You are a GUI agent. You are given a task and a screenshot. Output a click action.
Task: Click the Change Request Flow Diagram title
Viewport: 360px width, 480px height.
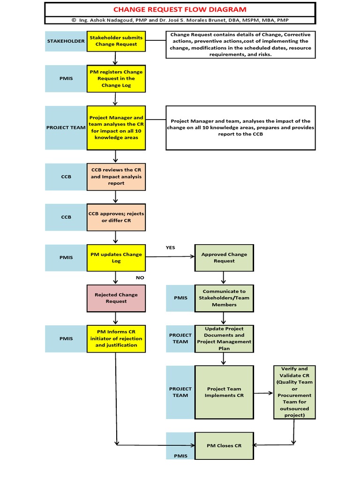pyautogui.click(x=180, y=9)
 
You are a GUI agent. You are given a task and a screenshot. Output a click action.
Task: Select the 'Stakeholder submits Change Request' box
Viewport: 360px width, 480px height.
pyautogui.click(x=116, y=41)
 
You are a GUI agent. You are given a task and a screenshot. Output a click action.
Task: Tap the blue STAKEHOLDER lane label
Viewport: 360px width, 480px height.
pyautogui.click(x=66, y=41)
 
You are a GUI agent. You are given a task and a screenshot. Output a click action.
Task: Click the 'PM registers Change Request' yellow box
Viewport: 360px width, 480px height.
pyautogui.click(x=116, y=79)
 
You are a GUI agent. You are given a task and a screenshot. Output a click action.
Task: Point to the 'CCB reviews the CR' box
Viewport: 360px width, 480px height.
pyautogui.click(x=116, y=177)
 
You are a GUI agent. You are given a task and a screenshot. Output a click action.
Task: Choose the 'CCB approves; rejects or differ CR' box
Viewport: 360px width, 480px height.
pyautogui.click(x=116, y=217)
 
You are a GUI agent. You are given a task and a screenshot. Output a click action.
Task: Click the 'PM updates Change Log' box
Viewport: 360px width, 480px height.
pyautogui.click(x=116, y=257)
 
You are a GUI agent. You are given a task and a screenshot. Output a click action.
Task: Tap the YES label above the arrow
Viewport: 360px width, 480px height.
pyautogui.click(x=170, y=247)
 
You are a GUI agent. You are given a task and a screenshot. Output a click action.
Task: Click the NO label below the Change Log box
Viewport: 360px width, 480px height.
pyautogui.click(x=140, y=277)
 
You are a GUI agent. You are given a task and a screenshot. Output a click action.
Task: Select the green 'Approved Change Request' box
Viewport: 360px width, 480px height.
pyautogui.click(x=224, y=257)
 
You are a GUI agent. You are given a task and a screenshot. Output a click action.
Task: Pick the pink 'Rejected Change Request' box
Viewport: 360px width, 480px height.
pyautogui.click(x=116, y=298)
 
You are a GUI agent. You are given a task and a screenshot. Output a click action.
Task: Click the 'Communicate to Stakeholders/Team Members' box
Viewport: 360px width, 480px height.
pyautogui.click(x=224, y=298)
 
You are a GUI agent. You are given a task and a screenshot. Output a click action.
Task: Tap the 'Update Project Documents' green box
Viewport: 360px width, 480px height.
pyautogui.click(x=224, y=338)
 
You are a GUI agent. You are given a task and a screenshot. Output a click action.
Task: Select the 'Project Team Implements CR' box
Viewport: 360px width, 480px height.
pyautogui.click(x=224, y=392)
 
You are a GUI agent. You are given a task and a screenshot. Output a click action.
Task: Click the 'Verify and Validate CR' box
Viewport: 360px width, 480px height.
pyautogui.click(x=294, y=392)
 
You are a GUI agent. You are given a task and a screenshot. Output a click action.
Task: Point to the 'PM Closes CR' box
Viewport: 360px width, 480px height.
pyautogui.click(x=224, y=445)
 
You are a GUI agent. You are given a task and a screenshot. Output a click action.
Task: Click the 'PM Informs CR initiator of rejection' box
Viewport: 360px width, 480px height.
pyautogui.click(x=116, y=338)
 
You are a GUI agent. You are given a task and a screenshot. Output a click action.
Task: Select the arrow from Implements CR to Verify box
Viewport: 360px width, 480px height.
pyautogui.click(x=263, y=393)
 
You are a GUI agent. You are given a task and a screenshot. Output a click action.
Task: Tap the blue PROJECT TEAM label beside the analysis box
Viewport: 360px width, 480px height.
pyautogui.click(x=66, y=127)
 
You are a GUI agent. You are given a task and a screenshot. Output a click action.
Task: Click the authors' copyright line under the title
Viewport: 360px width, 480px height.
pyautogui.click(x=180, y=20)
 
